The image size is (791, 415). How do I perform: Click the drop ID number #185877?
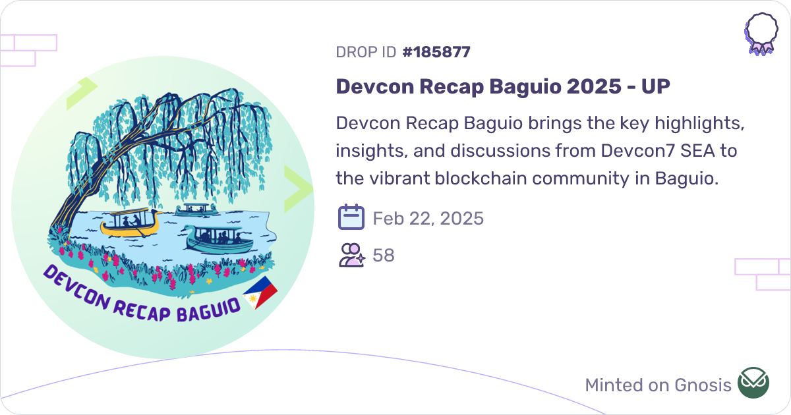click(436, 52)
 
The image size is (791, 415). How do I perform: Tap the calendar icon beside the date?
click(351, 217)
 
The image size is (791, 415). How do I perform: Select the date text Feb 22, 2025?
click(428, 218)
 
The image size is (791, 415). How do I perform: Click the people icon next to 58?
click(351, 255)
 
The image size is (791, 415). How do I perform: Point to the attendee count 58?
click(384, 255)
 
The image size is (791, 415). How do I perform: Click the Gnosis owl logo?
click(753, 383)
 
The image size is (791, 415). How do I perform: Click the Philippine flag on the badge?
click(260, 292)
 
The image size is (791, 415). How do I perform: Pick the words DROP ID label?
click(366, 52)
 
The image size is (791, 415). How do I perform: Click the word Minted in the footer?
click(612, 385)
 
